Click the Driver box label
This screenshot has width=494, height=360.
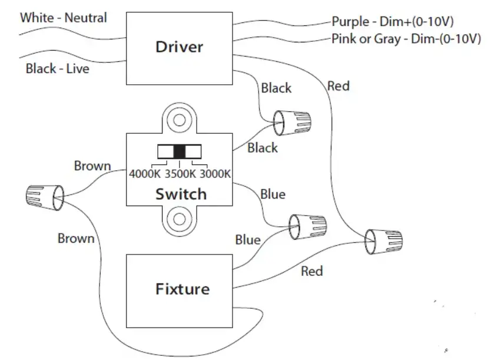(x=179, y=47)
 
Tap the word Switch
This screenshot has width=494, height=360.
(x=181, y=194)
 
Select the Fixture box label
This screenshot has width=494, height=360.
(x=183, y=289)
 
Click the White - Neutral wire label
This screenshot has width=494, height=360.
(x=64, y=18)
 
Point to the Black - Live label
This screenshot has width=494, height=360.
(x=58, y=68)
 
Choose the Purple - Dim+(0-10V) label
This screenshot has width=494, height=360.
(x=393, y=22)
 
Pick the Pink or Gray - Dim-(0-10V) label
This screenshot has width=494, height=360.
(x=406, y=39)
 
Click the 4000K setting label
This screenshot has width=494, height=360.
(x=145, y=174)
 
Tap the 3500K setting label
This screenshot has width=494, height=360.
(x=180, y=174)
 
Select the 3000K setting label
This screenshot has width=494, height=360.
(x=215, y=174)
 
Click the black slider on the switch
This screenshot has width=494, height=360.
(x=179, y=151)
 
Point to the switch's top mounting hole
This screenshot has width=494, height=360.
(x=179, y=120)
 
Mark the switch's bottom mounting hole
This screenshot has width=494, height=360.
(x=179, y=219)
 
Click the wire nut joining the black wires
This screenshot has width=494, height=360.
(x=292, y=123)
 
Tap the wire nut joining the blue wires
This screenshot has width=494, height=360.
(x=308, y=227)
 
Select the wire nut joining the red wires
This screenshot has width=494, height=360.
(x=383, y=242)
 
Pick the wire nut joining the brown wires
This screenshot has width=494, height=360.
(x=45, y=197)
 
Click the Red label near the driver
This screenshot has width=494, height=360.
(x=339, y=86)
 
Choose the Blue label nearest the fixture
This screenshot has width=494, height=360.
(x=248, y=240)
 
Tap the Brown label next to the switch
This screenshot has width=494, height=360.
(x=92, y=166)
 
